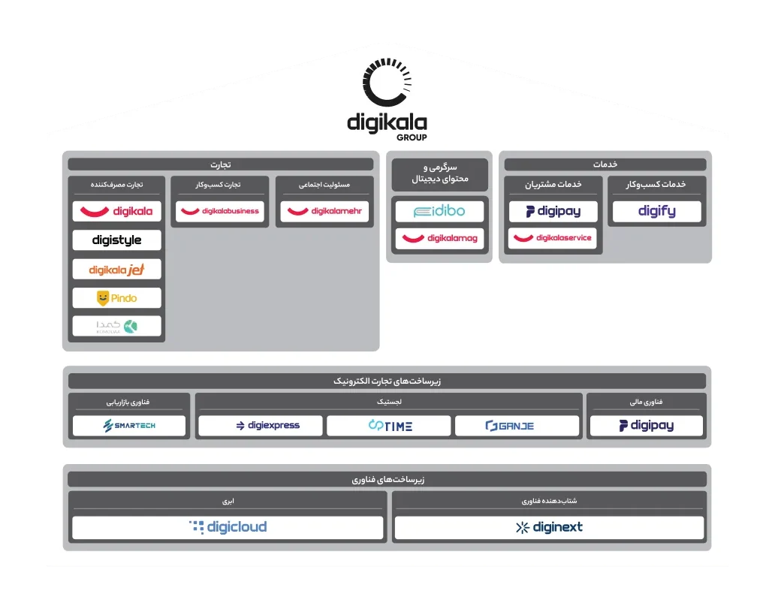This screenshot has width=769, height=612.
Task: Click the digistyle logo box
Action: coord(116,240)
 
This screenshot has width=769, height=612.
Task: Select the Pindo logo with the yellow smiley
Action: coord(116,298)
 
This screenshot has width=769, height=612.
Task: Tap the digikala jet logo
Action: coord(116,269)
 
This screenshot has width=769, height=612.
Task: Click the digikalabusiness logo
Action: coord(220,212)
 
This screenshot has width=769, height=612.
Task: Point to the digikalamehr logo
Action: coord(324,212)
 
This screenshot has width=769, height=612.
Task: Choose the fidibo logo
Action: coord(439,212)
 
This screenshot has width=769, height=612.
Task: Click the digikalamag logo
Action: coord(439,239)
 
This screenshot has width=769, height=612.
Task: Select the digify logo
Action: coord(656,212)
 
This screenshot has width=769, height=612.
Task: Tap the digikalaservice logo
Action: coord(553,238)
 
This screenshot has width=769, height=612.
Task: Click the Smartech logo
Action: coord(129,426)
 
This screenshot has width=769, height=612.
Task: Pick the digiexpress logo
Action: coord(260,426)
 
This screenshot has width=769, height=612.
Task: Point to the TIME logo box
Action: coord(389,426)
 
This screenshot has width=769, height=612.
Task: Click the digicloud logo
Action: coord(228,527)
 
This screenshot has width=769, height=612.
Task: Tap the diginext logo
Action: coord(549,527)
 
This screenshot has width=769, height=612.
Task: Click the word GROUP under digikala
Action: coord(412,138)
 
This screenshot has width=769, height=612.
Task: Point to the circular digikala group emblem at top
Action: coord(387,83)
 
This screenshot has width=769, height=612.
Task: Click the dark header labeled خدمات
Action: coord(605,164)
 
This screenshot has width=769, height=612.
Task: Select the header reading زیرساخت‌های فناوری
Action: coord(387,479)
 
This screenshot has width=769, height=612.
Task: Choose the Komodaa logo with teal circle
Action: coord(116,326)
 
